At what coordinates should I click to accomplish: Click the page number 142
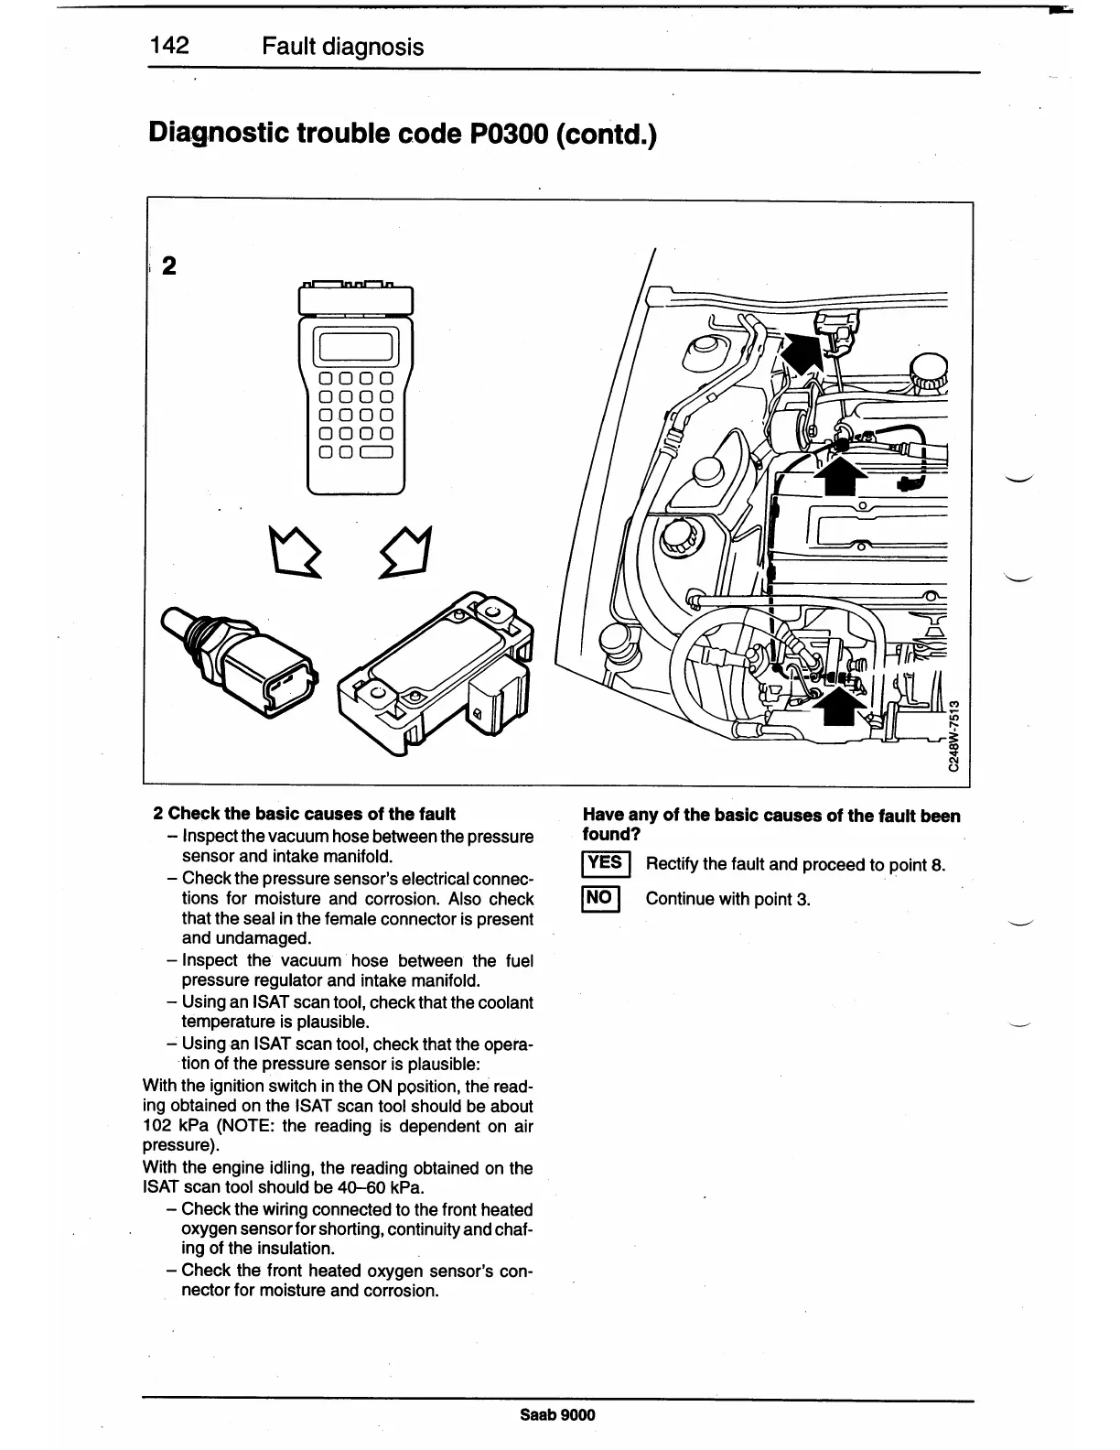click(170, 46)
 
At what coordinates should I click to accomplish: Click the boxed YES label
click(603, 863)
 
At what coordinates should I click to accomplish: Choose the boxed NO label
click(600, 898)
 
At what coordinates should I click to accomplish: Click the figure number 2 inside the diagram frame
click(168, 266)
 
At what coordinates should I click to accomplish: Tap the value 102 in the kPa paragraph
click(159, 1127)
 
